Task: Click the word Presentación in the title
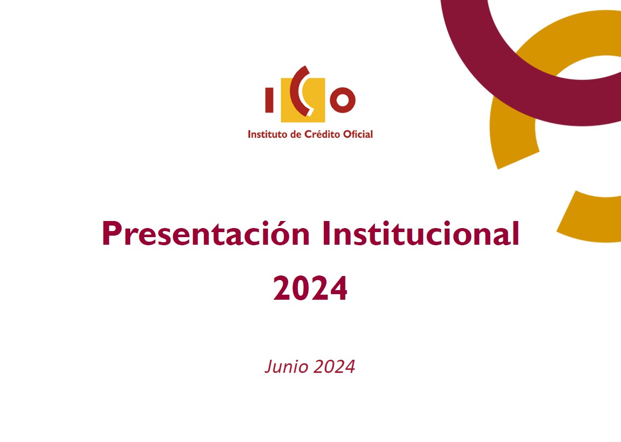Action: [x=205, y=234]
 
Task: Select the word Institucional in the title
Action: [x=421, y=234]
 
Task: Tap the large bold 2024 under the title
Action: [x=310, y=288]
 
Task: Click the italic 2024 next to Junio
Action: [x=334, y=367]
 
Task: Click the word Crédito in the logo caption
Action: [x=322, y=134]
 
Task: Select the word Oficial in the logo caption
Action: [x=358, y=134]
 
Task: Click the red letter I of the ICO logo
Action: [x=269, y=100]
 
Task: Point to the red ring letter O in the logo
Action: [x=343, y=100]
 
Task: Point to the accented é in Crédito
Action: [x=317, y=134]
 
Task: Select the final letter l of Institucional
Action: [x=516, y=233]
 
